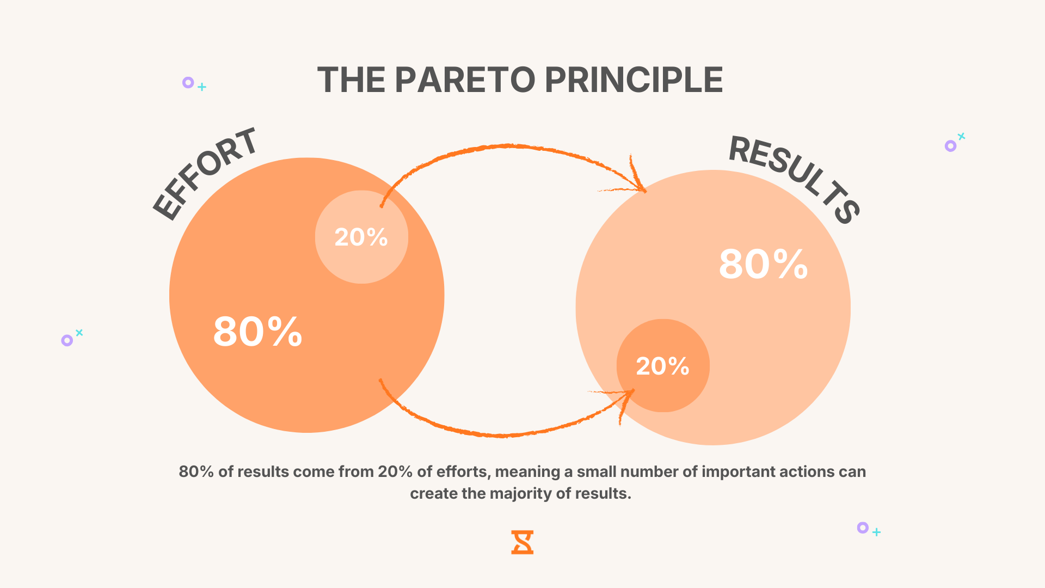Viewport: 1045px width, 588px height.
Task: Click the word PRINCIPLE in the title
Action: [x=634, y=80]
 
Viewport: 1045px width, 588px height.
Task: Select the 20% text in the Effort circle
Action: [x=361, y=237]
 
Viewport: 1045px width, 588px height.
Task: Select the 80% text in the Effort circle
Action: [x=257, y=332]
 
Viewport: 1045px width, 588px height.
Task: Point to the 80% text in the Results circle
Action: [x=763, y=265]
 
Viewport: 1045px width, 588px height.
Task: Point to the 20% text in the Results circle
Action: [x=662, y=366]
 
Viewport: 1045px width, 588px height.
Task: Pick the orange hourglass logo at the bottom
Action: [x=522, y=542]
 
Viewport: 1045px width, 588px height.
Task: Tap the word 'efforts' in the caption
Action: [x=463, y=471]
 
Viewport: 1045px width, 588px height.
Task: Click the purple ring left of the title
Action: [x=188, y=83]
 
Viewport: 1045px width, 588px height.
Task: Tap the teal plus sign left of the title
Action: [x=202, y=87]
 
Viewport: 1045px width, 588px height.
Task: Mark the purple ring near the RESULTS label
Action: [x=950, y=146]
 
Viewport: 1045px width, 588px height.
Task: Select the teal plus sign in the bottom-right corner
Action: [x=876, y=532]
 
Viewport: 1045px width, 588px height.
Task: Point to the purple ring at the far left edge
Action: [x=67, y=341]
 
